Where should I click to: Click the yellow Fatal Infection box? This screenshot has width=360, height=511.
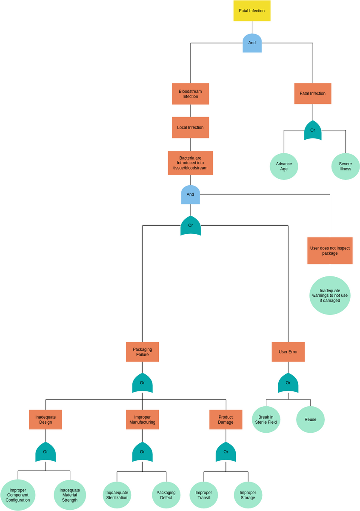pos(251,11)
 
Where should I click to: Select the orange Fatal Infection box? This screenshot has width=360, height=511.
pos(312,94)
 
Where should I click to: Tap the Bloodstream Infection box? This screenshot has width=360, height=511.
pos(190,94)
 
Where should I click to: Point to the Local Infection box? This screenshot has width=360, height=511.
pos(190,127)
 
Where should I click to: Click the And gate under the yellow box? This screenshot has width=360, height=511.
pos(252,43)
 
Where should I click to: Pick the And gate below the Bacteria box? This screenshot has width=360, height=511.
pos(190,195)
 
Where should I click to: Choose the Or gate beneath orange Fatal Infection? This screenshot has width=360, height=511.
pos(312,130)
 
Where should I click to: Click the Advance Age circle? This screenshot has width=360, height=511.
pos(284,167)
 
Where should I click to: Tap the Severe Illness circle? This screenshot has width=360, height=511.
pos(346,167)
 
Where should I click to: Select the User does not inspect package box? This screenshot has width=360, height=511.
pos(330,251)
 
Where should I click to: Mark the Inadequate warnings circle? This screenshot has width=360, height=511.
pos(330,296)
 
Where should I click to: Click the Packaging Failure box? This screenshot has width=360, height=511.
pos(142,352)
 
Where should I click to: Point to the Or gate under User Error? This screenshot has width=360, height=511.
pos(288,383)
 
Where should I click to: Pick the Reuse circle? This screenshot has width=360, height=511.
pos(310,419)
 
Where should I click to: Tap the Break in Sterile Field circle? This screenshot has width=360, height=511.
pos(266,419)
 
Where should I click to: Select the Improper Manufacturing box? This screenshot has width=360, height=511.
pos(142,419)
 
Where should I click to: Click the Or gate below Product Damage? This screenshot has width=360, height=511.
pos(226,452)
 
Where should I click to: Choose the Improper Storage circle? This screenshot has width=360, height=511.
pos(248,495)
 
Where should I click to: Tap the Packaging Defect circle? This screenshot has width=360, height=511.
pos(166,495)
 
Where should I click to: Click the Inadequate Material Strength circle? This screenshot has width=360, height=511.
pos(70,495)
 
